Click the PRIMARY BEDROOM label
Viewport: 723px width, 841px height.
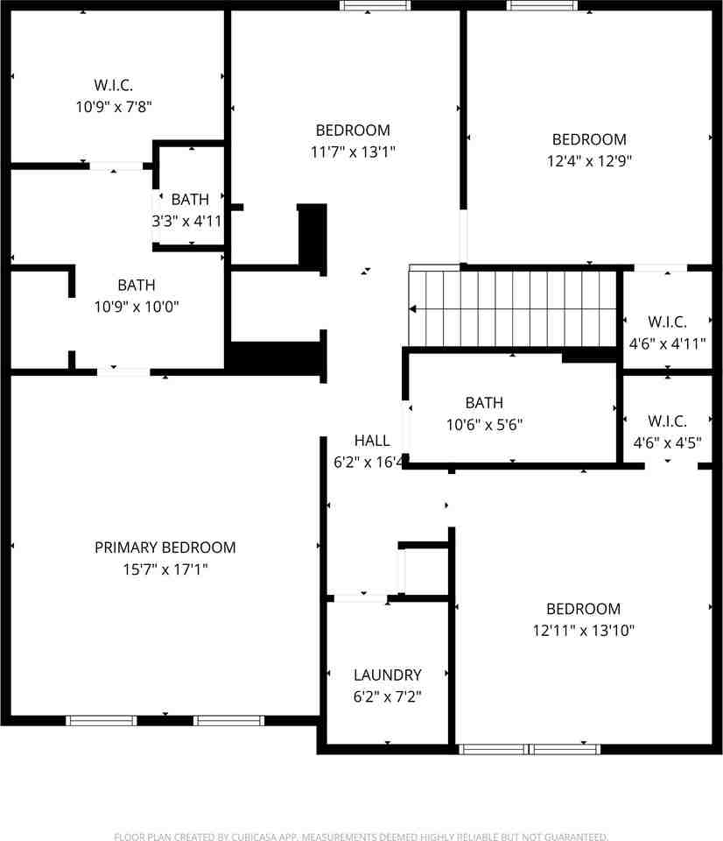coord(165,547)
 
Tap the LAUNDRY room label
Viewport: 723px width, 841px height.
coord(388,675)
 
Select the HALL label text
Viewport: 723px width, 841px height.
coord(372,441)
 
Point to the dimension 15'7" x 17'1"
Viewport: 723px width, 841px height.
coord(165,569)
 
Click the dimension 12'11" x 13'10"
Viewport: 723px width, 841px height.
coord(584,630)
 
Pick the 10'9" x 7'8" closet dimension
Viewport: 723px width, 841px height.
coord(114,106)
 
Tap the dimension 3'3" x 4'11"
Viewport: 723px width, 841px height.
coord(187,221)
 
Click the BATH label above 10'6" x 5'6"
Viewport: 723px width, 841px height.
coord(484,402)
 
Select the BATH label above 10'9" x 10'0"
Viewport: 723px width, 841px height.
coord(137,285)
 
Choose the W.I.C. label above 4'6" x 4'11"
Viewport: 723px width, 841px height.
coord(667,322)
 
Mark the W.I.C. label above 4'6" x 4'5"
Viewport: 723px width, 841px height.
coord(667,420)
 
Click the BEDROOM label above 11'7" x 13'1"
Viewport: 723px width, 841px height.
coord(353,130)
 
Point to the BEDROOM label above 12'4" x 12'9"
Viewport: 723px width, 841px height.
coord(589,139)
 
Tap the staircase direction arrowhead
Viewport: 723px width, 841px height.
coord(412,309)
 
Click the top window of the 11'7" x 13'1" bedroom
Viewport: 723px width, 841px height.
coord(376,5)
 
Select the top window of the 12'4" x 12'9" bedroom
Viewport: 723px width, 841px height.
coord(543,5)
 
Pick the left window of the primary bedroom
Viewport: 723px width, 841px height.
coord(102,720)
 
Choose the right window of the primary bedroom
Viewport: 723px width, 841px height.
coord(228,720)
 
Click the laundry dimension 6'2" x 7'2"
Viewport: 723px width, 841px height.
coord(388,696)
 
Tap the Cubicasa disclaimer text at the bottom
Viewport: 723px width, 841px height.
coord(361,836)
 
